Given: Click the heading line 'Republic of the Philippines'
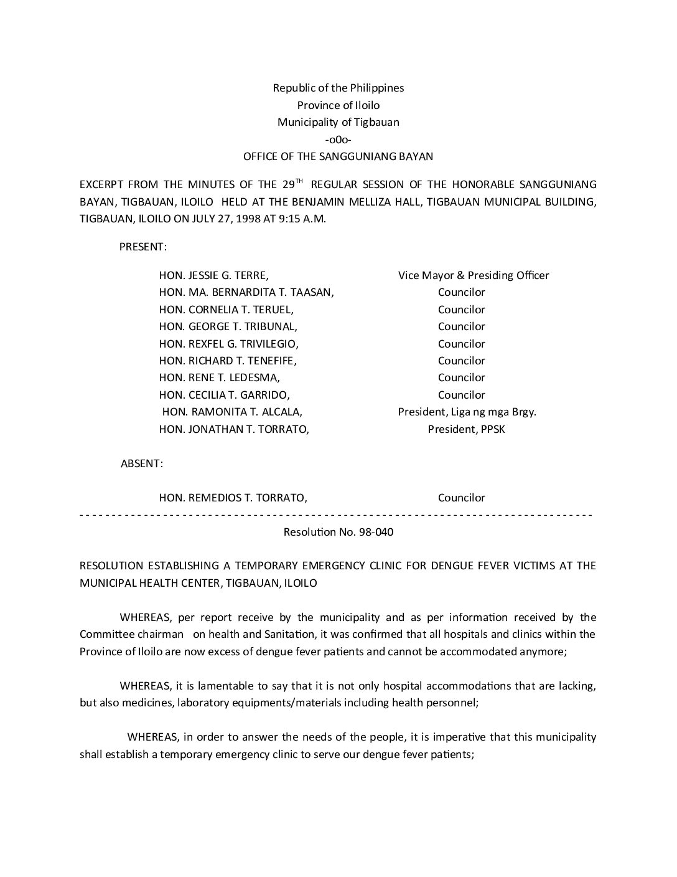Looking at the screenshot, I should click(x=338, y=88).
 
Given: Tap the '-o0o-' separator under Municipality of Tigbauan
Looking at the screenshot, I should click(x=338, y=140).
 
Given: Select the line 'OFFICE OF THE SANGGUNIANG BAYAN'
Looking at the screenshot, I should click(x=338, y=156).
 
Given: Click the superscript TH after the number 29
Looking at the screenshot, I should click(x=299, y=181).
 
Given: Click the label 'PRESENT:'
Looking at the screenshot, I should click(x=142, y=247).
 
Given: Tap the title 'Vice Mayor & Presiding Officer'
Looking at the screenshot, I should click(x=474, y=275).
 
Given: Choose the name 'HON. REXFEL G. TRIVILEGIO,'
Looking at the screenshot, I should click(x=229, y=344).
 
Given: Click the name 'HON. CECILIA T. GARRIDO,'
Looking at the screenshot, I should click(x=225, y=395).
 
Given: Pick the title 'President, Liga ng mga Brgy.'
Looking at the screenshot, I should click(x=467, y=412).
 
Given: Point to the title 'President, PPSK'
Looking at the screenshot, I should click(x=466, y=429).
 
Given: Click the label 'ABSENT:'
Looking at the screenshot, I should click(x=142, y=463).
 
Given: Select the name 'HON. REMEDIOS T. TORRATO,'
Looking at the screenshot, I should click(x=233, y=498).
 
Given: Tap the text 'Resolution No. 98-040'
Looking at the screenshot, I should click(x=338, y=532).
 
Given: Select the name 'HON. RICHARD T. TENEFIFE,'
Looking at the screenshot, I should click(x=228, y=361).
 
